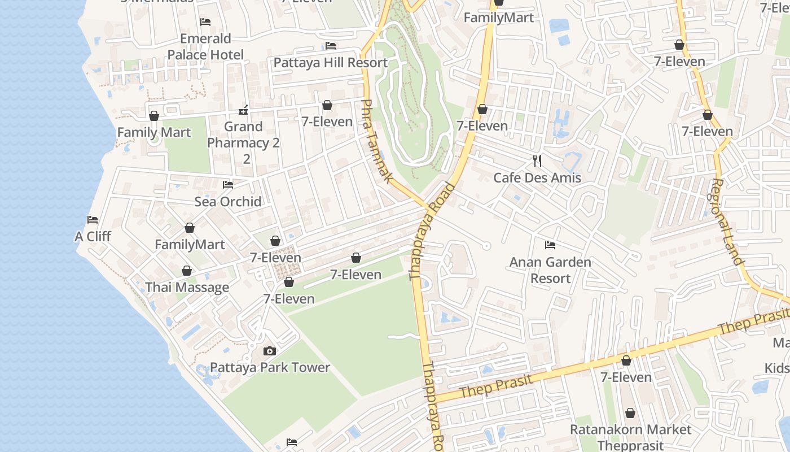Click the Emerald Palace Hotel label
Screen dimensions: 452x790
pyautogui.click(x=205, y=47)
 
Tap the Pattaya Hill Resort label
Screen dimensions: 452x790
pyautogui.click(x=331, y=62)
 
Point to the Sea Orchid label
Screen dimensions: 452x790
pyautogui.click(x=228, y=202)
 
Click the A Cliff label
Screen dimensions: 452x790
pyautogui.click(x=93, y=236)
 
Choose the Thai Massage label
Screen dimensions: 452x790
pyautogui.click(x=187, y=287)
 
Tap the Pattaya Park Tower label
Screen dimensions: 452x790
pyautogui.click(x=270, y=367)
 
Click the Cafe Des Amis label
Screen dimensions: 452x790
pyautogui.click(x=537, y=178)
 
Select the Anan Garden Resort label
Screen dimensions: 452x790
pyautogui.click(x=550, y=270)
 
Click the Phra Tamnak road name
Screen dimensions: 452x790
pyautogui.click(x=377, y=141)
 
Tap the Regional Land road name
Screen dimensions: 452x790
pyautogui.click(x=727, y=221)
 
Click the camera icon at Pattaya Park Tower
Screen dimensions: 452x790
pyautogui.click(x=270, y=351)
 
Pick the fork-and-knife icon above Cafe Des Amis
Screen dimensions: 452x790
pyautogui.click(x=537, y=161)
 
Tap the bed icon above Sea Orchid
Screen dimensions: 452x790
pyautogui.click(x=228, y=185)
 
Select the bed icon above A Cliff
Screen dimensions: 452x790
pyautogui.click(x=93, y=219)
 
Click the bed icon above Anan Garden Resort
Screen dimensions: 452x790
pyautogui.click(x=550, y=245)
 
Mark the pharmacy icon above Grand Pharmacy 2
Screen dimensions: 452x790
pyautogui.click(x=244, y=110)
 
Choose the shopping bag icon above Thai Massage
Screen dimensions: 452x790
pyautogui.click(x=187, y=271)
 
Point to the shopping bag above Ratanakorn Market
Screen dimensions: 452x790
pyautogui.click(x=630, y=413)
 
